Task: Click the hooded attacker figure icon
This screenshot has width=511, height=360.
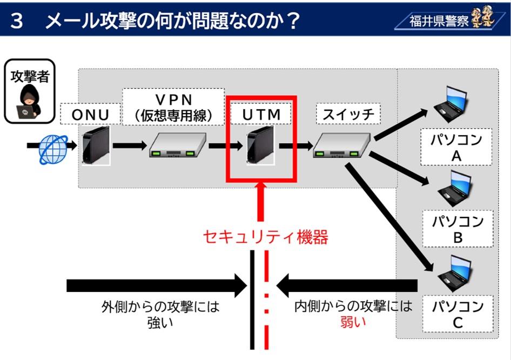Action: point(27,103)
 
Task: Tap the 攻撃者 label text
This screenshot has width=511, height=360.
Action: point(30,76)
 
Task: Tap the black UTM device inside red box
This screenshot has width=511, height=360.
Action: point(261,145)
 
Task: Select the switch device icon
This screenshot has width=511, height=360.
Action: point(341,145)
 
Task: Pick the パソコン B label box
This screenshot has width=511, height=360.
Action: point(457,229)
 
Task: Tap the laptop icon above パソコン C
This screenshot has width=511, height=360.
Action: point(453,272)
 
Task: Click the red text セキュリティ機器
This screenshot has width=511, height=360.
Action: point(265,237)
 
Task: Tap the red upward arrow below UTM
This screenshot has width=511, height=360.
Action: point(261,201)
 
